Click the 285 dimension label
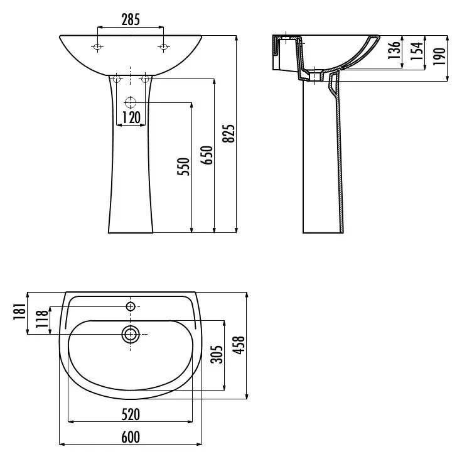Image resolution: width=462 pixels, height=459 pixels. point(131,19)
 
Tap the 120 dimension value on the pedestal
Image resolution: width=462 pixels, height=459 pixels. point(131,117)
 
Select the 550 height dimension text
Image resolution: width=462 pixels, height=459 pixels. point(183,167)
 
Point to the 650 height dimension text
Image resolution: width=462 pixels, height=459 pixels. point(207,155)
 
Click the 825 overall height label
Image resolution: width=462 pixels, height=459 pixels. point(228,134)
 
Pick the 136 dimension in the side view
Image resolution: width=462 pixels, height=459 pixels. point(394,50)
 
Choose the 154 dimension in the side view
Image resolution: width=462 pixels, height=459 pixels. point(417,51)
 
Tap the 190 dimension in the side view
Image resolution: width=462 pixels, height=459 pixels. point(439,56)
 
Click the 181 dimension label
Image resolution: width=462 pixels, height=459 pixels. point(19,311)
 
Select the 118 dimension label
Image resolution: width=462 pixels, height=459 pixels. point(42,319)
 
